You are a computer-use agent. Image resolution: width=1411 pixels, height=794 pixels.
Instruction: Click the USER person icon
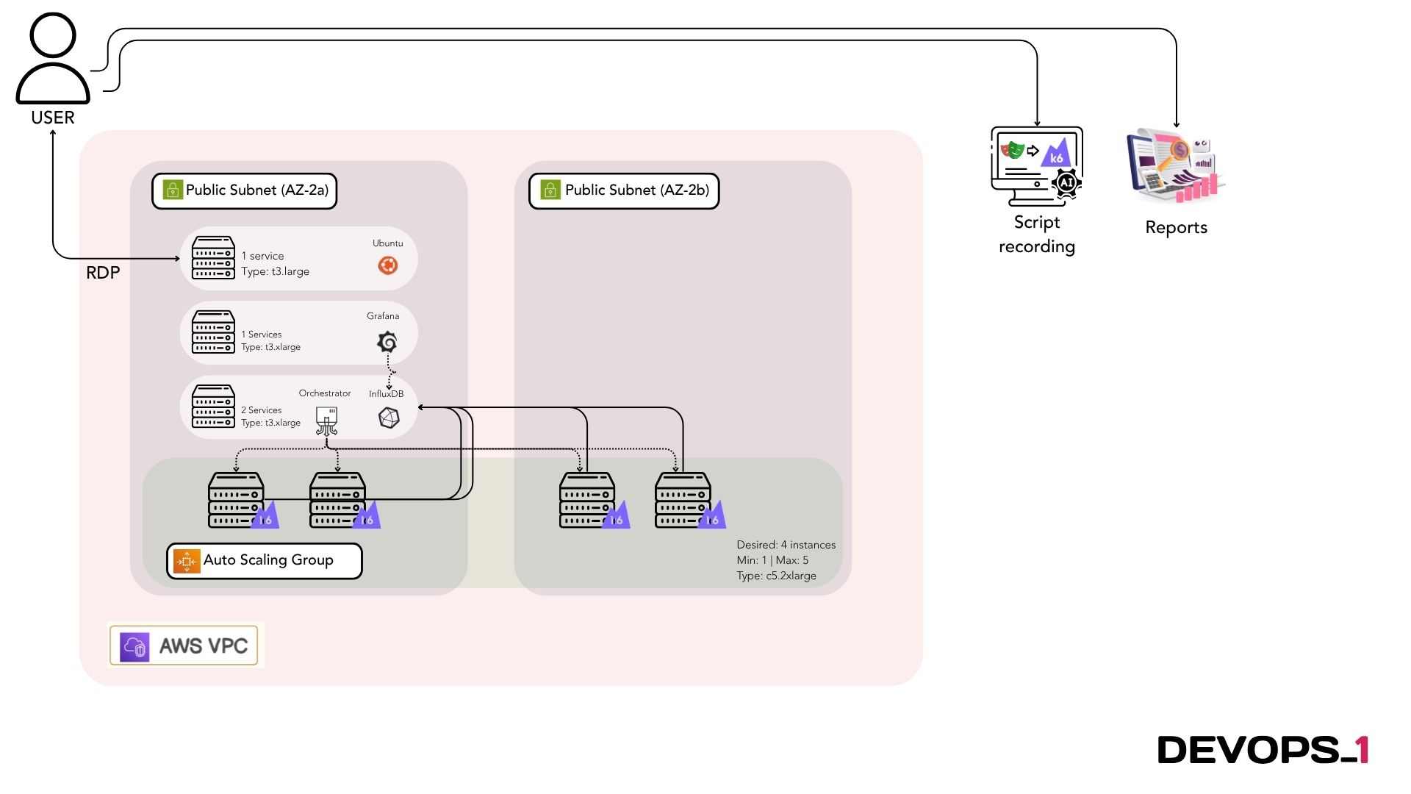(x=53, y=59)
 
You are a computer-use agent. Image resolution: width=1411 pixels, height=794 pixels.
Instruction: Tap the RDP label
(x=103, y=273)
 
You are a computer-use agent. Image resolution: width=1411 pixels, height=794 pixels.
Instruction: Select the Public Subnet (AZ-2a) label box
(x=245, y=191)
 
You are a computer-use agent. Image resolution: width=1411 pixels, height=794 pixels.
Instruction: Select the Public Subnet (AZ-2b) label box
(x=624, y=191)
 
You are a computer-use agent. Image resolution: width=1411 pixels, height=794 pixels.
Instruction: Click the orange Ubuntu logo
(x=388, y=265)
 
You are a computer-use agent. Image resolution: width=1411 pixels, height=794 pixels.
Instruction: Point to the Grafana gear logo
(x=387, y=342)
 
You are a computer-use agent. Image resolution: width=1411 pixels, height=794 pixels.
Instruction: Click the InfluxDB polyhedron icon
(x=389, y=418)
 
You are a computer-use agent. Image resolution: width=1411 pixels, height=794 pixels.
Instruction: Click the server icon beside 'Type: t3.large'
(x=213, y=258)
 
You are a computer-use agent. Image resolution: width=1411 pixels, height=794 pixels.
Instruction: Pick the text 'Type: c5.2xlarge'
(x=776, y=576)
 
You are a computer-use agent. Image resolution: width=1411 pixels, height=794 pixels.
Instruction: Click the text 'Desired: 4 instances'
(x=786, y=545)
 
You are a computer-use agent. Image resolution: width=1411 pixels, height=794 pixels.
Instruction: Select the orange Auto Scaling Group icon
(x=187, y=562)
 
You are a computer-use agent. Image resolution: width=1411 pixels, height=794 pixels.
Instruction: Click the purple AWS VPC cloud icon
(x=135, y=647)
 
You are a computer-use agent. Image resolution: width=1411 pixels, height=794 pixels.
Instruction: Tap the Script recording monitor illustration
(x=1037, y=166)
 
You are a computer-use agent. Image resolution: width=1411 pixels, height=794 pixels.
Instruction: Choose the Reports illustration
(x=1174, y=167)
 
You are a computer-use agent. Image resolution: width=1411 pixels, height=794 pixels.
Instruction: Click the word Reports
(x=1176, y=228)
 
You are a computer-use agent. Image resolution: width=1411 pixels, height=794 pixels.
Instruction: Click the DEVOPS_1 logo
(x=1263, y=750)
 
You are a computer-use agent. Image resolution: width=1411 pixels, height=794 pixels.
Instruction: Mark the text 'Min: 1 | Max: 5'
(x=772, y=560)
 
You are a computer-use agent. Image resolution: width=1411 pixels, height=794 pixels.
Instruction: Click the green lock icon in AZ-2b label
(x=550, y=190)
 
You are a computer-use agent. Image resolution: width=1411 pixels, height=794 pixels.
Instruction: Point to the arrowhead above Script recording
(x=1037, y=123)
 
